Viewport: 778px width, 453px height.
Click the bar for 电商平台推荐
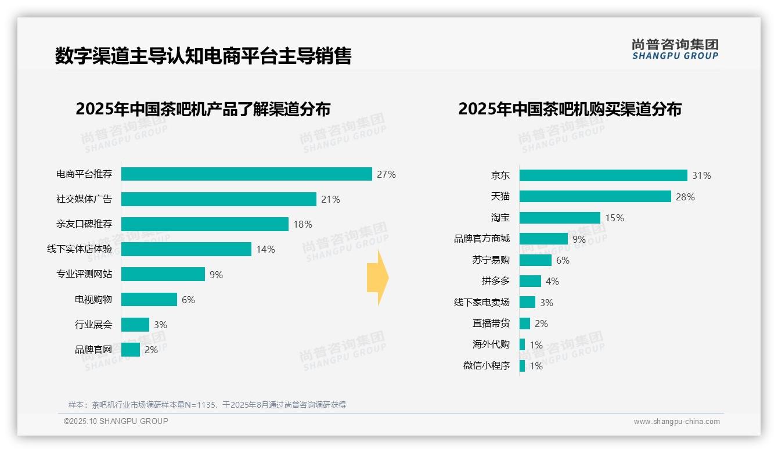tap(246, 174)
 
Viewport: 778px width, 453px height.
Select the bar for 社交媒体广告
tap(218, 199)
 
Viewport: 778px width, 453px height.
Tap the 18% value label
tap(303, 224)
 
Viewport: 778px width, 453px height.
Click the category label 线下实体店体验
tap(80, 249)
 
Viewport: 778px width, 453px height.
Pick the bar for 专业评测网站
tap(163, 274)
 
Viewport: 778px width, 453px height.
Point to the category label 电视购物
tap(93, 300)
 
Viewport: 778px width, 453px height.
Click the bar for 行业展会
tap(135, 325)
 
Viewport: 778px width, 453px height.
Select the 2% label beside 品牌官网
tap(151, 350)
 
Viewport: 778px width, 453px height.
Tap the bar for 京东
tap(603, 175)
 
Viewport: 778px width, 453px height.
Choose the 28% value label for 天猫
tap(685, 197)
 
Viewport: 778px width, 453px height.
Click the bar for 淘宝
tap(559, 218)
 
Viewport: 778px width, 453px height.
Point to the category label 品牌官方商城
tap(481, 239)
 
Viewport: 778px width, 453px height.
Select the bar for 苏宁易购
tap(535, 260)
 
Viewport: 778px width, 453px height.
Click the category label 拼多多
tap(495, 281)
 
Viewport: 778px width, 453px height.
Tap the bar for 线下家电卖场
tap(527, 303)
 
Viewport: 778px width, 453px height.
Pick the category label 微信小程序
tap(486, 366)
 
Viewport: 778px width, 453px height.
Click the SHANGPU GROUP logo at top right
tap(675, 49)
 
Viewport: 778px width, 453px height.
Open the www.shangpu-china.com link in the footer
tap(676, 422)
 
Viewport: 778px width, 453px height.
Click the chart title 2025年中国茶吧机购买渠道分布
tap(570, 109)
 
